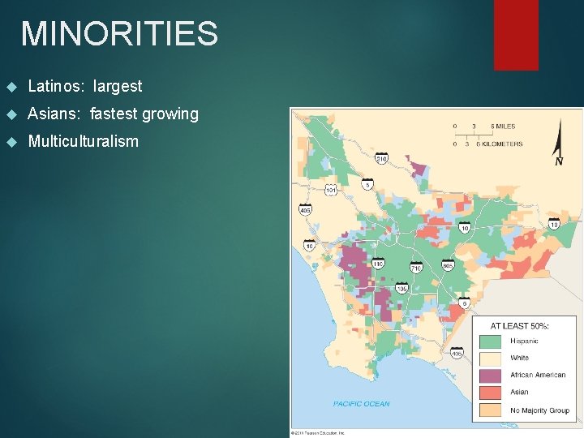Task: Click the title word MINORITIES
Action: [119, 33]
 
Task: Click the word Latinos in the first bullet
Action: [52, 86]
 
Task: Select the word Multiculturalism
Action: [83, 141]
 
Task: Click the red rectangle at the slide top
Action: [517, 34]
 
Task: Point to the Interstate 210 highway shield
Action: [381, 159]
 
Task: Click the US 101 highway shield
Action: [331, 191]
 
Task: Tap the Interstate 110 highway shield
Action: [378, 264]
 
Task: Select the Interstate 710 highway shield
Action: [416, 267]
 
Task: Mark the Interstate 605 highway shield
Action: [448, 265]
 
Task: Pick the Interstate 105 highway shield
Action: [401, 289]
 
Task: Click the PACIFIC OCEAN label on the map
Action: [361, 403]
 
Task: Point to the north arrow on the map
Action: [558, 143]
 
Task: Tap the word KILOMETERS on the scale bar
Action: [506, 144]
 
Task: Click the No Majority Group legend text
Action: [539, 410]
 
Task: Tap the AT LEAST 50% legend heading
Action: [520, 325]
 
